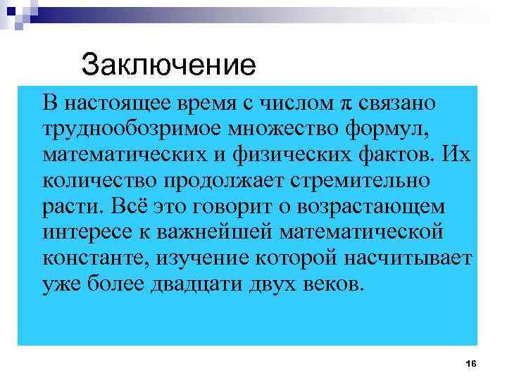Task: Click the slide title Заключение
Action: [x=168, y=65]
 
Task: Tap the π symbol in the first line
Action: [x=344, y=103]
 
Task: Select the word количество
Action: [x=100, y=182]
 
